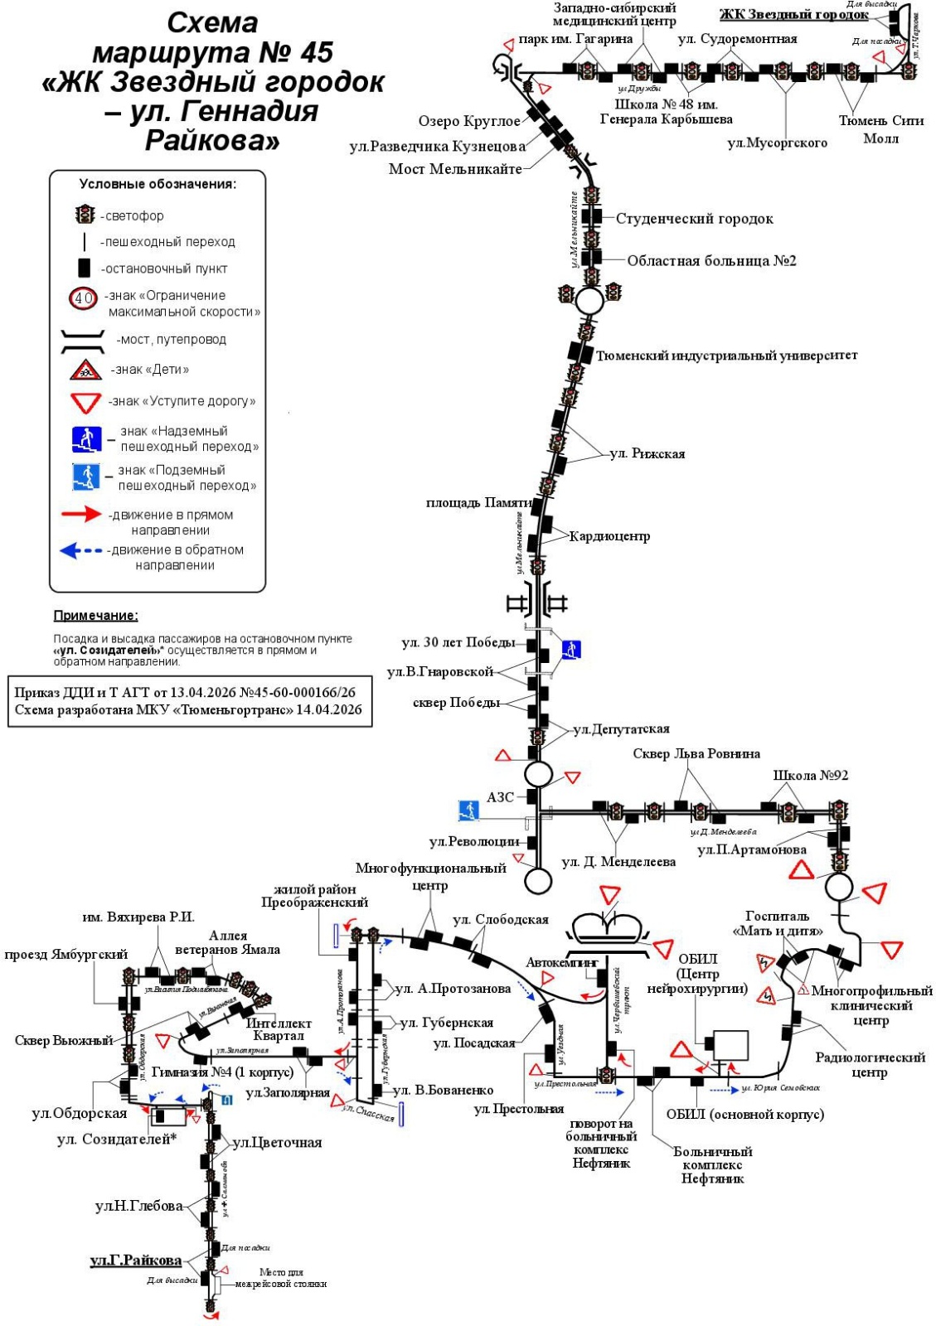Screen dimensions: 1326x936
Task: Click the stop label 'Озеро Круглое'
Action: click(x=469, y=122)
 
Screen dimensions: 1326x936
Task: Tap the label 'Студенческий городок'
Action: click(x=694, y=219)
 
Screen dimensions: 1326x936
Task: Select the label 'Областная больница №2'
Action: click(x=711, y=261)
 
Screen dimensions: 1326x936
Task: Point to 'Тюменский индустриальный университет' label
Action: click(x=726, y=356)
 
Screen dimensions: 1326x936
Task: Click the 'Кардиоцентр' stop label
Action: click(x=609, y=536)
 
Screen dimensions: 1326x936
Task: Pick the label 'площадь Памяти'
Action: click(x=478, y=503)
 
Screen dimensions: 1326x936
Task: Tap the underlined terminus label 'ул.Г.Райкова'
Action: click(x=136, y=1261)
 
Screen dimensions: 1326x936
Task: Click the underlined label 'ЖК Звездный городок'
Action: click(x=793, y=14)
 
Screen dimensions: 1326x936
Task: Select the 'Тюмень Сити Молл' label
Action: click(x=880, y=129)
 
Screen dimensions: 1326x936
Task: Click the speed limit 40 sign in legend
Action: click(x=85, y=298)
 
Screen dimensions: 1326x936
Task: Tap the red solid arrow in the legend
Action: click(x=81, y=515)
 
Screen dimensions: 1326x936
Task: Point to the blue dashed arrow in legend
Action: click(x=81, y=550)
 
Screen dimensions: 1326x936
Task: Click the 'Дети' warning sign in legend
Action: click(x=85, y=370)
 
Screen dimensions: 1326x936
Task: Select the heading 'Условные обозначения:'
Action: click(x=158, y=184)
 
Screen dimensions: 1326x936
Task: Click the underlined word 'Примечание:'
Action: click(x=95, y=616)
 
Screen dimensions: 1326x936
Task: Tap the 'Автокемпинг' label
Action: click(x=561, y=962)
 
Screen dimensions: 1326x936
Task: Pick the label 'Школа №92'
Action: click(x=810, y=776)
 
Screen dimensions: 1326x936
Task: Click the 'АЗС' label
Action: click(x=500, y=797)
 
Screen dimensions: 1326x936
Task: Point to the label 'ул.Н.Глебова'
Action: click(x=138, y=1206)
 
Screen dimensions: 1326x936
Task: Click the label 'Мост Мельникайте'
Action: click(x=455, y=169)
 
